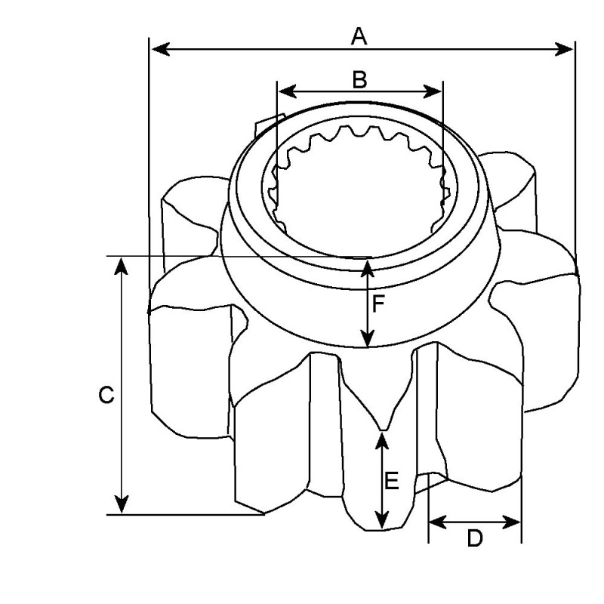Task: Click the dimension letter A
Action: click(359, 35)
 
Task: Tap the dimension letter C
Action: click(106, 395)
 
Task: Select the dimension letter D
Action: click(474, 538)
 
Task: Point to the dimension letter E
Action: click(392, 480)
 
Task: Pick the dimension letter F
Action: click(379, 304)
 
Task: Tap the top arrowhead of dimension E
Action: click(382, 437)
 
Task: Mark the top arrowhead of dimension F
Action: click(368, 264)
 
